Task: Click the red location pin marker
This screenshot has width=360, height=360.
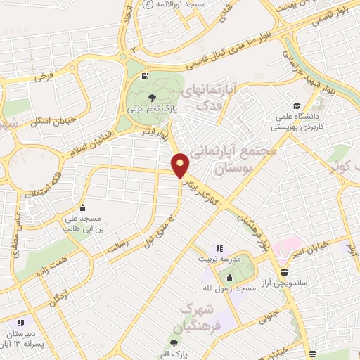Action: point(181,165)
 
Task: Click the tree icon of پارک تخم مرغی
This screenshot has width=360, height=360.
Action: point(153,97)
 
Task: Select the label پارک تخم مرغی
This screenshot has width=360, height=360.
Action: point(152,110)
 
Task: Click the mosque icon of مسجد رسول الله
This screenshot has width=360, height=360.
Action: point(229,277)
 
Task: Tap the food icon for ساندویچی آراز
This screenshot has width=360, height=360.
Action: point(283,271)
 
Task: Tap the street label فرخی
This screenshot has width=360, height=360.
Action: point(46,74)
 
